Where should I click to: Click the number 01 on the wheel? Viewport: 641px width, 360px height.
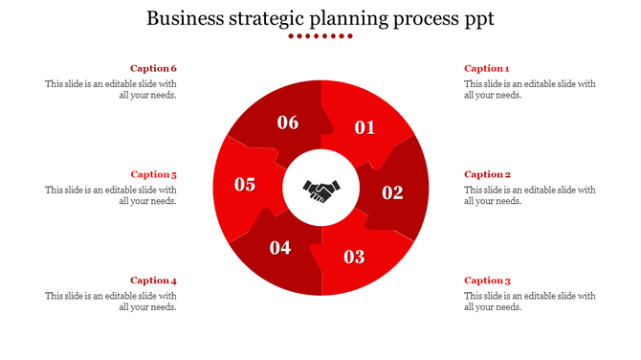365,128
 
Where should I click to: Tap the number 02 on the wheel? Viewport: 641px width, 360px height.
393,192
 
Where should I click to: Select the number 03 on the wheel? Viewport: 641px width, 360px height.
354,257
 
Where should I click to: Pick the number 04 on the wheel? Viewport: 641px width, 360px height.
280,249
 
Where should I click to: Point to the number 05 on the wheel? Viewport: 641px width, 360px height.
245,185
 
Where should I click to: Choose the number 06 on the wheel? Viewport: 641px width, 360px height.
288,123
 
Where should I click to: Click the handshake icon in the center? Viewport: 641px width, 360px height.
320,191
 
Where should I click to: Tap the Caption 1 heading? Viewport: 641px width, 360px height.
487,69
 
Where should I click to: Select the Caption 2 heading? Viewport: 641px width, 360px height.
487,174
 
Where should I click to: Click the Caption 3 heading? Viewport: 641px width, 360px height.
487,281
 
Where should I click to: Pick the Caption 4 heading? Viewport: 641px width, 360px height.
154,281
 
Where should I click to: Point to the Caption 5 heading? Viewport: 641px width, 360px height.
154,174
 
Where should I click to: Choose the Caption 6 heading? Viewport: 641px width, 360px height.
154,69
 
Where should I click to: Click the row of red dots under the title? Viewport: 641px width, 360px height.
320,36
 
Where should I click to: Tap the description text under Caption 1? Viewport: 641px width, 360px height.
529,89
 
